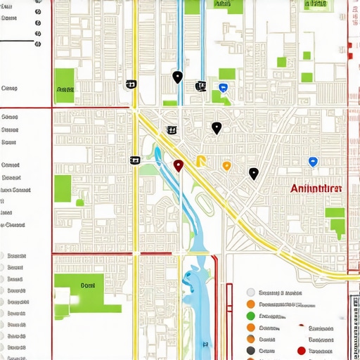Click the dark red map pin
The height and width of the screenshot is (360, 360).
click(x=179, y=165)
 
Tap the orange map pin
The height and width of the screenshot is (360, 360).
click(x=226, y=166)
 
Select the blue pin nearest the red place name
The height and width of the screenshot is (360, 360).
click(x=313, y=162)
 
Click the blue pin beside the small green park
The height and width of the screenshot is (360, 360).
click(x=224, y=88)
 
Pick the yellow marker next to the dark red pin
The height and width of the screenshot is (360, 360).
click(x=201, y=160)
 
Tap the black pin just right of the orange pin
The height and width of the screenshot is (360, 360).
click(x=253, y=173)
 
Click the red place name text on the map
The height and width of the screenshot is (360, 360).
click(x=316, y=188)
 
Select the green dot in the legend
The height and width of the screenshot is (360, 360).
click(x=251, y=316)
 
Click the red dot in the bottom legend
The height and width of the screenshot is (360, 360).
click(x=302, y=350)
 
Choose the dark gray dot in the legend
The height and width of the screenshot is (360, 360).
click(x=251, y=350)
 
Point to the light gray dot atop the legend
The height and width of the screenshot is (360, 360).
click(x=251, y=292)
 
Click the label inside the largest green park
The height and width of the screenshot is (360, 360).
click(x=87, y=285)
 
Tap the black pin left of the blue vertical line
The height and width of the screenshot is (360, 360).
click(x=177, y=77)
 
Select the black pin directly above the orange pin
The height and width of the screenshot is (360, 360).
click(x=217, y=128)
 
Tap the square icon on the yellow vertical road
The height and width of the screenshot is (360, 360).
click(x=134, y=160)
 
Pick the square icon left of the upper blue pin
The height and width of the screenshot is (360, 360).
click(x=200, y=86)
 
